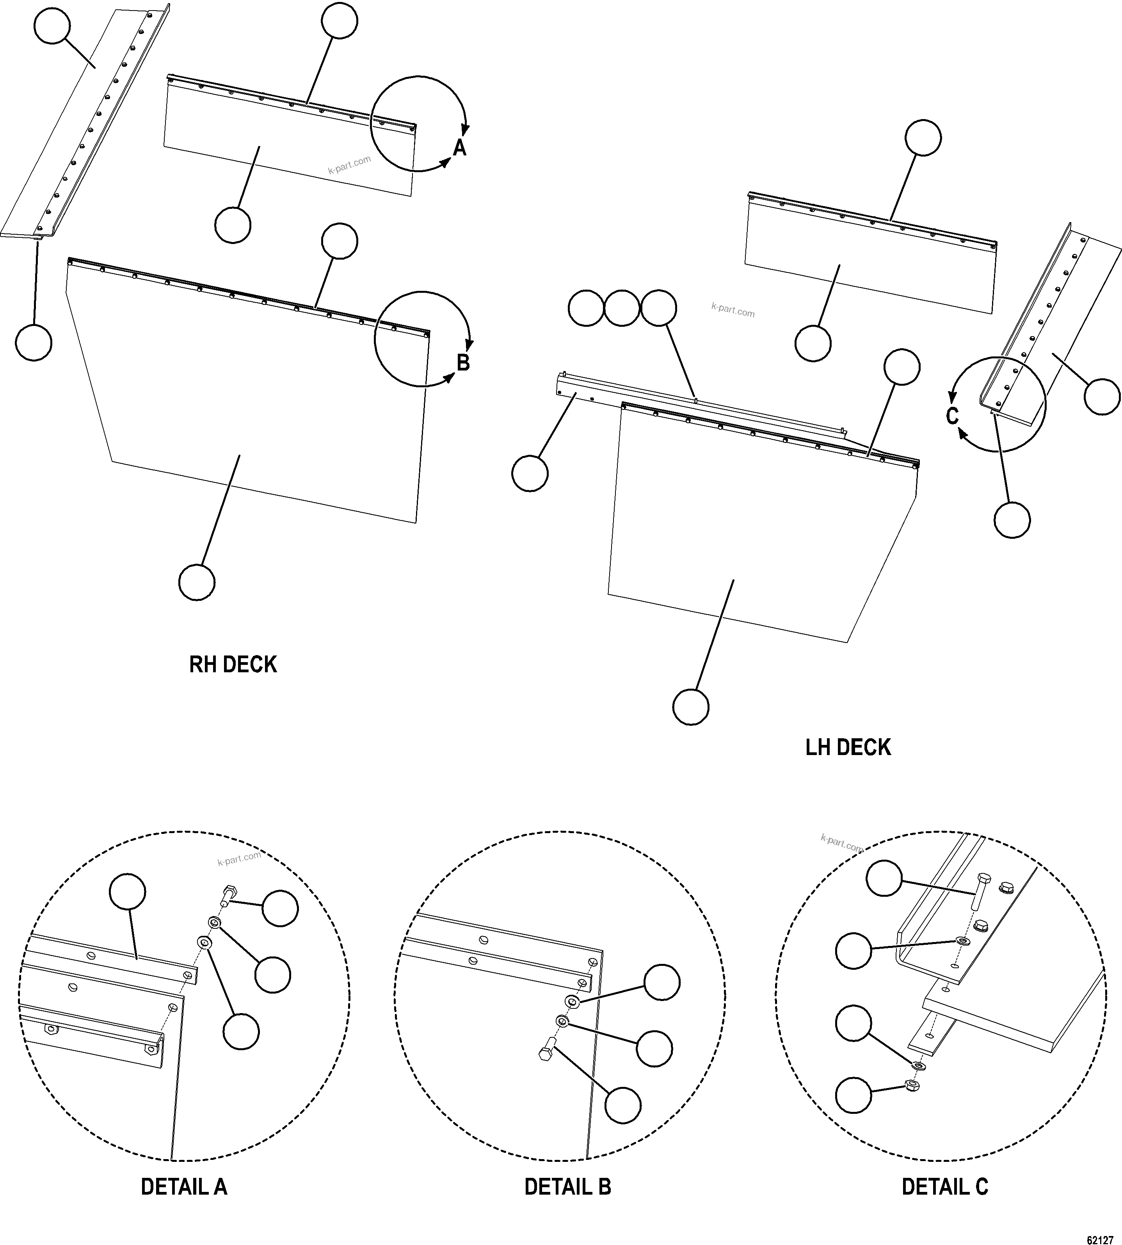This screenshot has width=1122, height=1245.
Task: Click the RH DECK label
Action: [x=233, y=665]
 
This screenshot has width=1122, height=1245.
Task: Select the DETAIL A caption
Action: [x=184, y=1186]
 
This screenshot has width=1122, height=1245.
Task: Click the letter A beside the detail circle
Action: [x=460, y=148]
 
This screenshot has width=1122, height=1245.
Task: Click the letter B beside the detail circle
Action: [x=463, y=363]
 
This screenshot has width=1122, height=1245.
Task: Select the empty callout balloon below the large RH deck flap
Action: [x=197, y=581]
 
